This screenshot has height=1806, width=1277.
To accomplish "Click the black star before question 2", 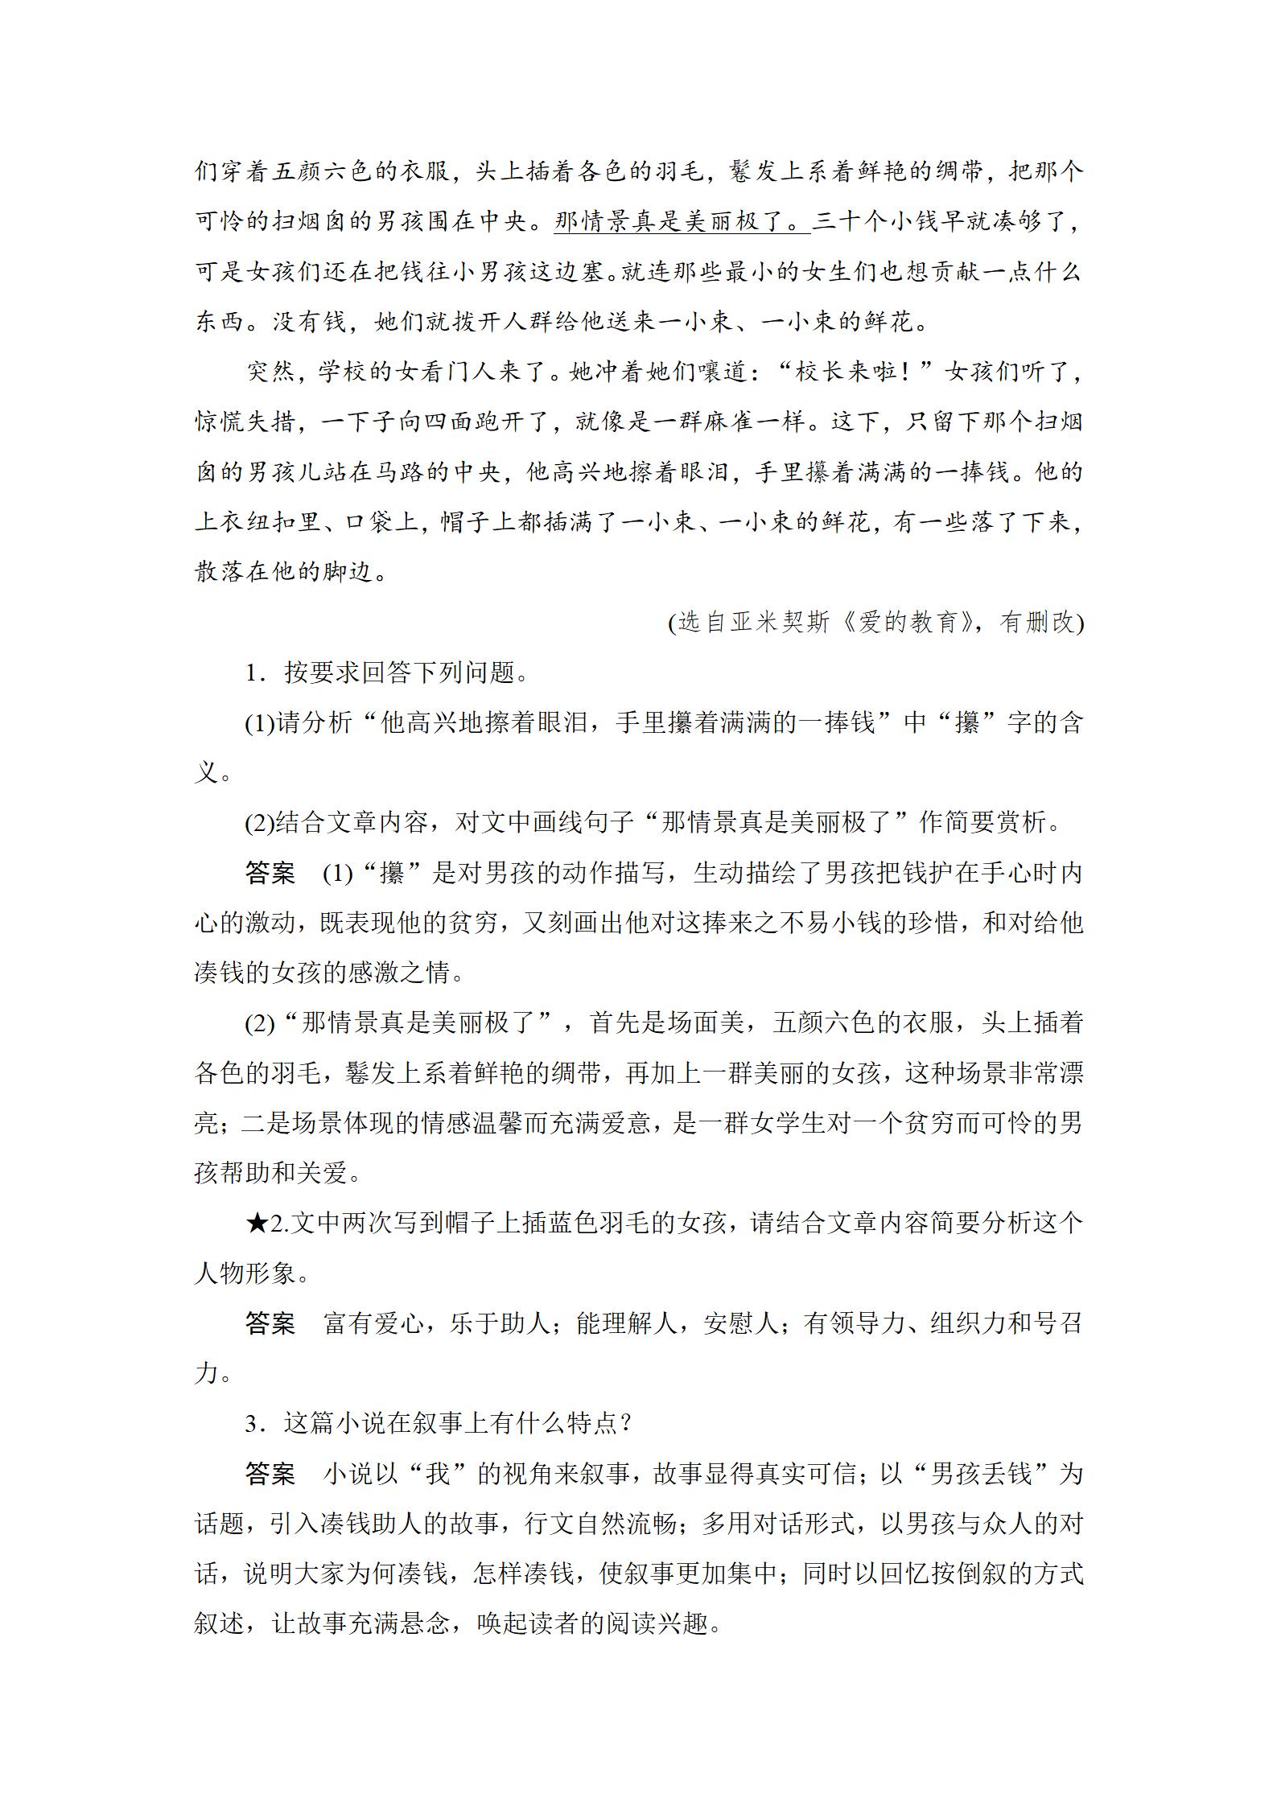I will pos(257,1224).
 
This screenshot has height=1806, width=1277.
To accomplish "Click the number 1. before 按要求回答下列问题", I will pos(256,673).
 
